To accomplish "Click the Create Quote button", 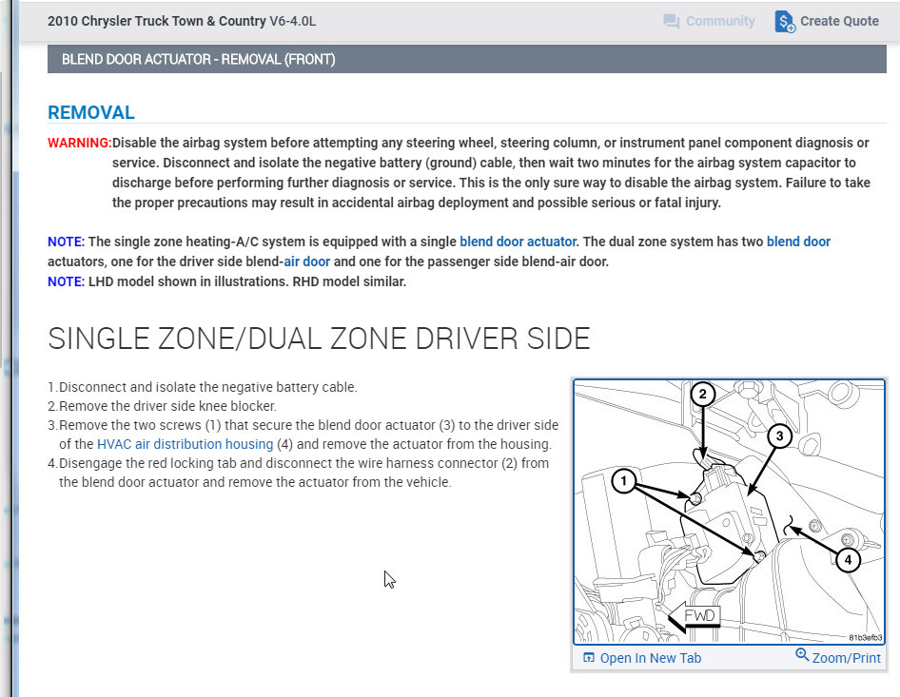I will pyautogui.click(x=827, y=21).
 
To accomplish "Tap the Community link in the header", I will pyautogui.click(x=709, y=21).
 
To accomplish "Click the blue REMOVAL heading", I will pyautogui.click(x=91, y=112).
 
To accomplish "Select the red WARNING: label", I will pyautogui.click(x=79, y=143).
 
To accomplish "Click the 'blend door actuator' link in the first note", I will pyautogui.click(x=518, y=242).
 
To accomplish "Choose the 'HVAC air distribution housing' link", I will pyautogui.click(x=185, y=444).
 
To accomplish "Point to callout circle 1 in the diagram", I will pyautogui.click(x=624, y=482).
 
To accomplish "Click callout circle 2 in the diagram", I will pyautogui.click(x=702, y=395).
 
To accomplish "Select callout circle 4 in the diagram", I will pyautogui.click(x=848, y=560).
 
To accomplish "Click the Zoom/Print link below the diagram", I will pyautogui.click(x=838, y=657).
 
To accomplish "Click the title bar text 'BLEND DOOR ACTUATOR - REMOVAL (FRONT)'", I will pyautogui.click(x=198, y=59).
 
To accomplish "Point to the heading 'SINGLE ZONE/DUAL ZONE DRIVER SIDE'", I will pyautogui.click(x=319, y=339).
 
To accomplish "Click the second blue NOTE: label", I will pyautogui.click(x=66, y=281).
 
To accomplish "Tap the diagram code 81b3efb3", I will pyautogui.click(x=865, y=638).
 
